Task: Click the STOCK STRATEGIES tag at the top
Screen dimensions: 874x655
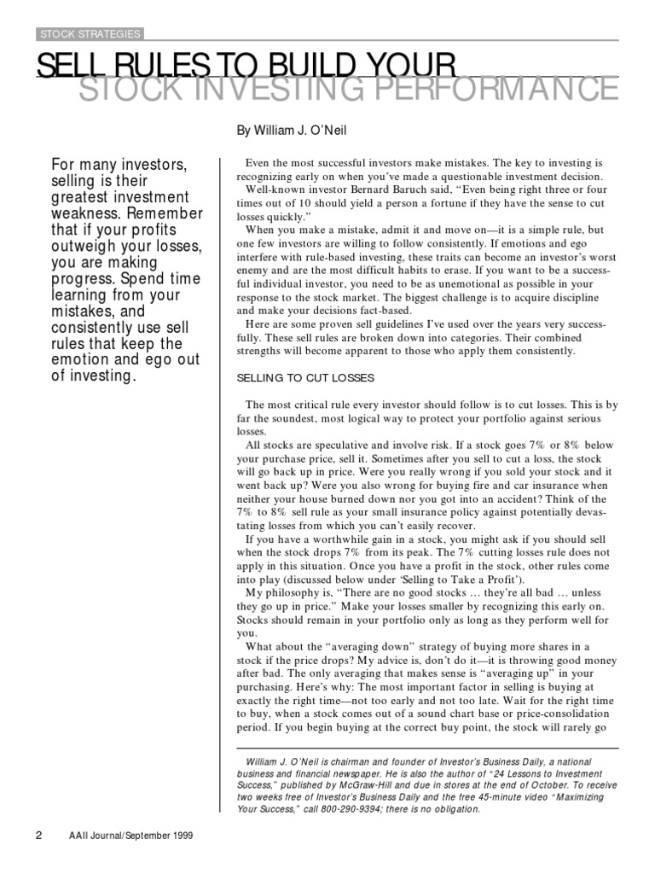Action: (x=89, y=34)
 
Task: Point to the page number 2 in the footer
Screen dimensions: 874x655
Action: (x=38, y=836)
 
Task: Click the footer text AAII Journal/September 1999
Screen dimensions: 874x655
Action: (x=132, y=836)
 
